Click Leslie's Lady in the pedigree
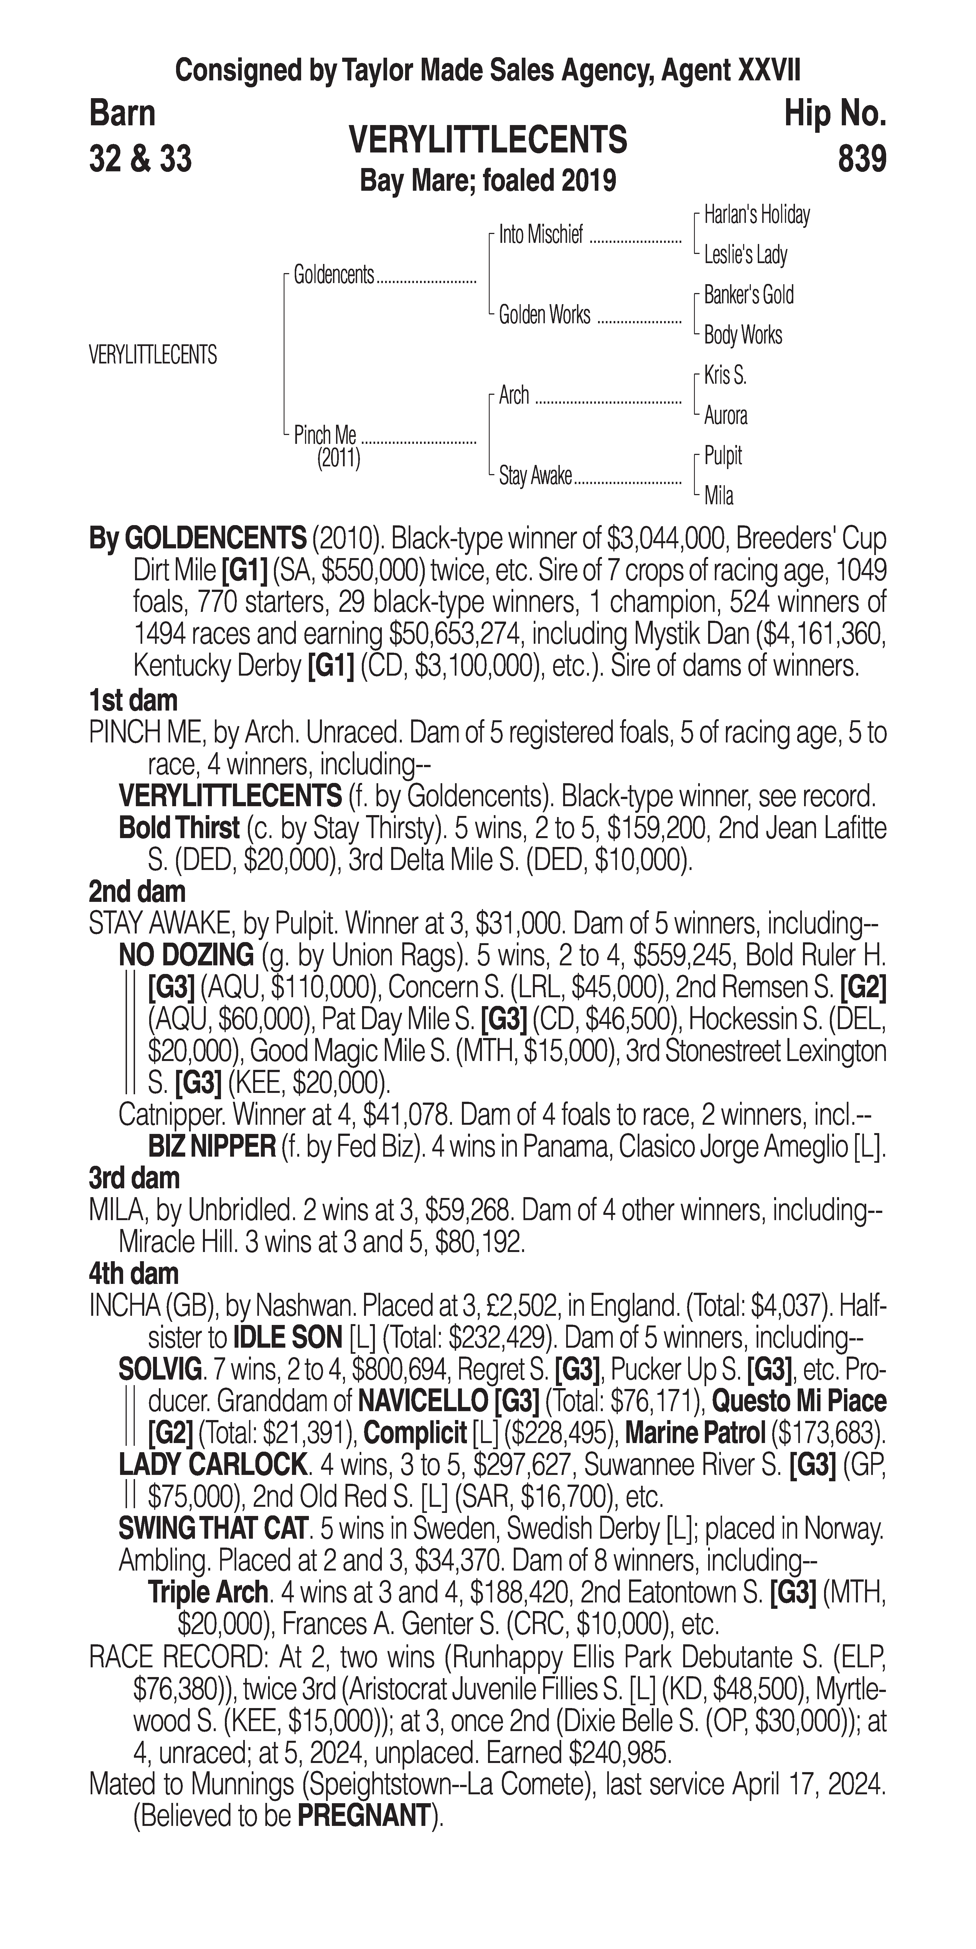745,255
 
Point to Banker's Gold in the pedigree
748,295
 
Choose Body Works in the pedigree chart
743,335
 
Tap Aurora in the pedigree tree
726,415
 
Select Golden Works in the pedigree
544,315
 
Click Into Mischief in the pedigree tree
541,235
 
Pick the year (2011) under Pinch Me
338,459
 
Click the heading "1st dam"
133,701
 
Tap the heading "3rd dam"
134,1178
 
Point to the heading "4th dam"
133,1274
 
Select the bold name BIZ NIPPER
212,1147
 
